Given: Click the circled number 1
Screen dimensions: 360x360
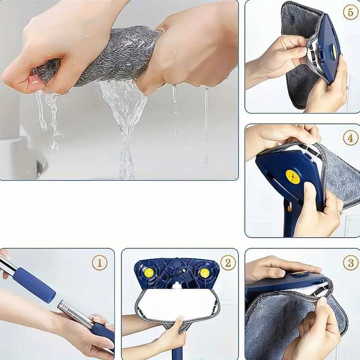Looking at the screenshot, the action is click(100, 263).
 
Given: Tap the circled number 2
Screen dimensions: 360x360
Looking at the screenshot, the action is click(228, 263).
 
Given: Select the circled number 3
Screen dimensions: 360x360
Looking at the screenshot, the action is click(351, 263).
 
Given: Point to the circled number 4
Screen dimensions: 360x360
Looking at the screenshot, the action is click(351, 138).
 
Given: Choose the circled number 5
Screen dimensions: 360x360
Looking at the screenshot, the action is click(351, 12).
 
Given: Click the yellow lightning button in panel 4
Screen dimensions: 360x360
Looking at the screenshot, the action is click(293, 177).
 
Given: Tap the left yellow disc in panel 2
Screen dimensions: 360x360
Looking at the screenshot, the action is click(149, 273).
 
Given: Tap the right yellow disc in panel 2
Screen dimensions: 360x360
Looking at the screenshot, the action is click(204, 273).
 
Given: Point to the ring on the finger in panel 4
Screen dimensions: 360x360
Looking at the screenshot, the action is click(340, 212).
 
